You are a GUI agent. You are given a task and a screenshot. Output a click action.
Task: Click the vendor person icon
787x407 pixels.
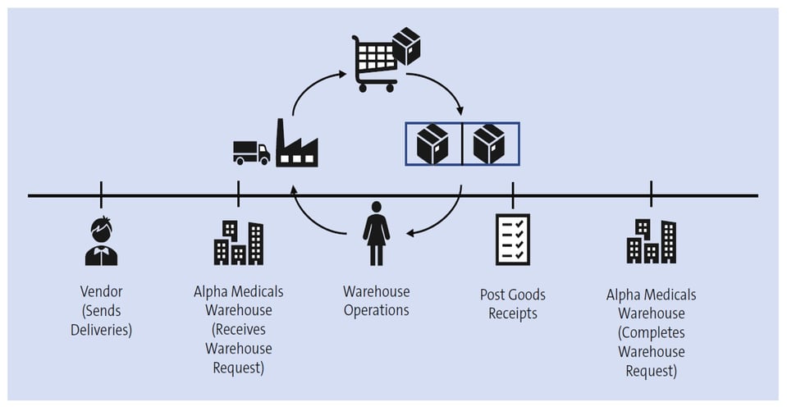click(101, 242)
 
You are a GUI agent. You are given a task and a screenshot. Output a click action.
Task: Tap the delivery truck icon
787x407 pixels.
click(251, 152)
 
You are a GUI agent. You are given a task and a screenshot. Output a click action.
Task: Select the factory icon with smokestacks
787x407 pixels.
click(296, 145)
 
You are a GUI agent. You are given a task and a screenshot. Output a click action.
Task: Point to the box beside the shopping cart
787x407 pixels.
click(406, 47)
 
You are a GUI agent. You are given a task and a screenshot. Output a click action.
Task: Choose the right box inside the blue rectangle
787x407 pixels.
click(489, 144)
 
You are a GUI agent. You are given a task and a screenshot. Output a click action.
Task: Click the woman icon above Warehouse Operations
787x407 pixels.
click(376, 234)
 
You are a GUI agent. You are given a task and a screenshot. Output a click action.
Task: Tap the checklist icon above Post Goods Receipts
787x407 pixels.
click(513, 240)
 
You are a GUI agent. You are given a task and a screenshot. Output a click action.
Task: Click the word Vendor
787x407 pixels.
click(101, 292)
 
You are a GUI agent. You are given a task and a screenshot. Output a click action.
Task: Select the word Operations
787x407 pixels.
click(376, 310)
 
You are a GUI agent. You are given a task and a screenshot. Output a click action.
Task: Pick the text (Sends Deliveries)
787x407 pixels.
click(101, 321)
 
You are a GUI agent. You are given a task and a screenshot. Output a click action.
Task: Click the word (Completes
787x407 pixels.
click(651, 332)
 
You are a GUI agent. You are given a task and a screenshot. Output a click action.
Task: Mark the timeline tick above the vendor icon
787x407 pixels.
click(101, 195)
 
